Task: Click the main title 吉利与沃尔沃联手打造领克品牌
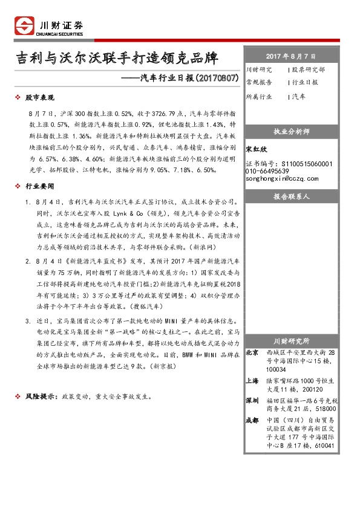[117, 59]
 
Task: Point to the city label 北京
[254, 352]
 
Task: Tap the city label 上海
[254, 381]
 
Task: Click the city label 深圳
[254, 400]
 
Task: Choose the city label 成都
[254, 420]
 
